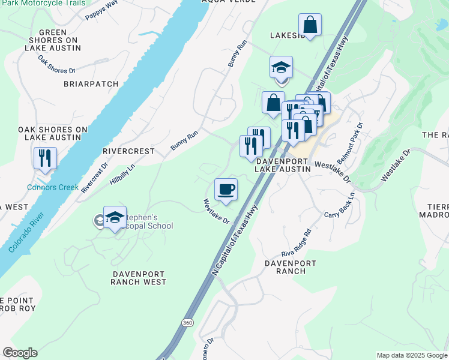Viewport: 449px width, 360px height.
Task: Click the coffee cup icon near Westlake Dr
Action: (x=226, y=190)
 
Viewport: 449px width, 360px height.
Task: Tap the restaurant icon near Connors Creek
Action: (x=45, y=158)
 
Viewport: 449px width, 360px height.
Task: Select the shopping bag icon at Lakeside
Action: (x=310, y=25)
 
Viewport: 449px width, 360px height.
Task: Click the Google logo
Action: (x=20, y=353)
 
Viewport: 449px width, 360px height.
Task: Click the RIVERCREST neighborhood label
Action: (x=128, y=151)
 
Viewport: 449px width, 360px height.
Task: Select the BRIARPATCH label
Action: (x=91, y=84)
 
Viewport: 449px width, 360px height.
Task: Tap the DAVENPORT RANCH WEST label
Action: (x=139, y=277)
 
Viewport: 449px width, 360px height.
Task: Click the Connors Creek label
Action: (x=53, y=187)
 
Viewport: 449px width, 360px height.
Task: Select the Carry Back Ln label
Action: (x=339, y=205)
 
